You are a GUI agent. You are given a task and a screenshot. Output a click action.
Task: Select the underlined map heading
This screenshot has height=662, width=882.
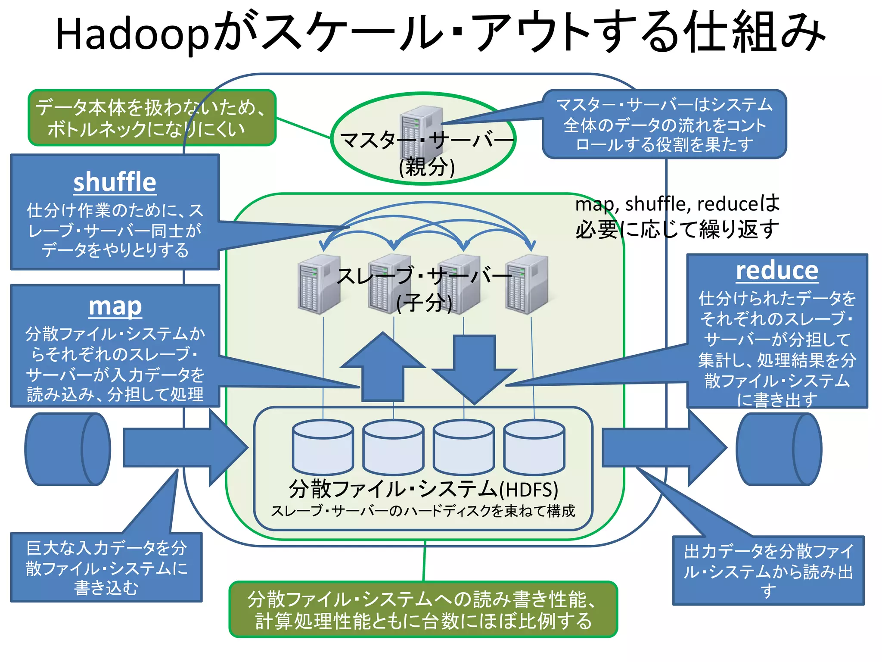[115, 306]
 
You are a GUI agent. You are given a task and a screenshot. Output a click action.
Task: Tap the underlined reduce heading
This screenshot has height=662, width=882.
[776, 271]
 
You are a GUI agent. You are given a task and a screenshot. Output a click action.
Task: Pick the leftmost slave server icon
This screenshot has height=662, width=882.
[319, 284]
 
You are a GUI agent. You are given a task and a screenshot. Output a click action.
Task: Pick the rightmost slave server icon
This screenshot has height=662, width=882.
[526, 284]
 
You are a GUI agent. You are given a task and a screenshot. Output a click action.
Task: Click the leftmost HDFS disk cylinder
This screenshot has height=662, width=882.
[323, 447]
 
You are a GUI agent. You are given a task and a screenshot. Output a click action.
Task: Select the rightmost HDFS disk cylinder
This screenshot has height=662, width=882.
[534, 447]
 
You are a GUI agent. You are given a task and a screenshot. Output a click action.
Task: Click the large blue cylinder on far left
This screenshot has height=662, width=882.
[68, 449]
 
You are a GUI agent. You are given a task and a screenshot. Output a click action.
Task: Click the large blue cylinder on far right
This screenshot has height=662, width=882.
[779, 449]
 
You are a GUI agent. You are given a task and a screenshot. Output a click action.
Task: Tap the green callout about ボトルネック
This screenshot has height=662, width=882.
[152, 118]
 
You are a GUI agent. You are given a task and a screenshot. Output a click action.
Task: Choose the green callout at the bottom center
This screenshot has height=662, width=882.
[423, 609]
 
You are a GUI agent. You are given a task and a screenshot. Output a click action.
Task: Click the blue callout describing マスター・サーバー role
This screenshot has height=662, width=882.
[664, 125]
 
